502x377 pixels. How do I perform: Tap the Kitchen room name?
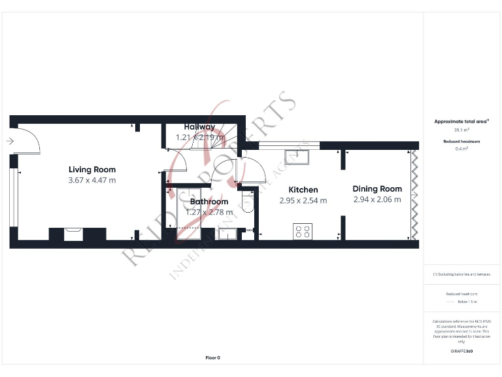click(303, 190)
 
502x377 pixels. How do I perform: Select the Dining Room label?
click(377, 188)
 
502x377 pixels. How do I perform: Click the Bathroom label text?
click(209, 202)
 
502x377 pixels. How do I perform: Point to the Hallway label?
click(199, 127)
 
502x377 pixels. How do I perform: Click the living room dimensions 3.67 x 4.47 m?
click(92, 180)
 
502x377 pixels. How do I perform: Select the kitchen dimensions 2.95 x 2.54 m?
click(303, 200)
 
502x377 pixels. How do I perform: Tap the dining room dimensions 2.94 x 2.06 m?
click(377, 199)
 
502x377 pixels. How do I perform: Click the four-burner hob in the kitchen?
click(303, 231)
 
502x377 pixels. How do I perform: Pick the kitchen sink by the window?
click(301, 157)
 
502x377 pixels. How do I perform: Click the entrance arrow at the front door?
click(9, 141)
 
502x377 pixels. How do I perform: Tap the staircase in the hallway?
click(229, 135)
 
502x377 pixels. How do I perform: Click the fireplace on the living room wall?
click(73, 233)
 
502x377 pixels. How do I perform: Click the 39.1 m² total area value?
click(461, 130)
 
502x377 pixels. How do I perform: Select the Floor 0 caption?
click(213, 357)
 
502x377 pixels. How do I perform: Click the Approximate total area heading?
click(461, 121)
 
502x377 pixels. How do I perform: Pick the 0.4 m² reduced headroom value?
click(461, 149)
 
